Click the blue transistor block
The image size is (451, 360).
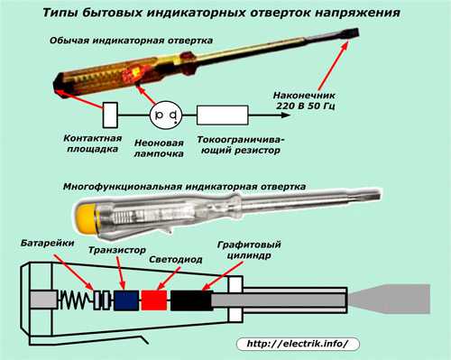pyautogui.click(x=126, y=300)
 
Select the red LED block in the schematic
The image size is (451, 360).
pyautogui.click(x=154, y=300)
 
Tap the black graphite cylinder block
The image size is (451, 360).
pyautogui.click(x=191, y=300)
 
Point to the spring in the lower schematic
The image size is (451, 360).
pyautogui.click(x=76, y=300)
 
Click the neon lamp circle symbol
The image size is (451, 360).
pyautogui.click(x=166, y=115)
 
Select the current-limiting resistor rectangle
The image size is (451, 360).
pyautogui.click(x=223, y=115)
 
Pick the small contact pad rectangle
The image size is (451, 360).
pyautogui.click(x=110, y=115)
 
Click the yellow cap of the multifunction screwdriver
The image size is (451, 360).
pyautogui.click(x=86, y=217)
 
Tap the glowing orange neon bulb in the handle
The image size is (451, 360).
pyautogui.click(x=133, y=74)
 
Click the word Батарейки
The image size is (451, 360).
pyautogui.click(x=47, y=243)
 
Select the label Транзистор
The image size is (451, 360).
pyautogui.click(x=117, y=250)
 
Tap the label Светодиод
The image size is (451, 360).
pyautogui.click(x=176, y=260)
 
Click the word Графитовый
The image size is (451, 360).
pyautogui.click(x=249, y=245)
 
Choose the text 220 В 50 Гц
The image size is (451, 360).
pyautogui.click(x=305, y=106)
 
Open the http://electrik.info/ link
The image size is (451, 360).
pyautogui.click(x=298, y=344)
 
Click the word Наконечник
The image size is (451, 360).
pyautogui.click(x=304, y=96)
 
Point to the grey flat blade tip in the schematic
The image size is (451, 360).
pyautogui.click(x=390, y=299)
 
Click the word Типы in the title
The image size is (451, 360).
pyautogui.click(x=56, y=13)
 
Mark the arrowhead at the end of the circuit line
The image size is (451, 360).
pyautogui.click(x=285, y=115)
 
